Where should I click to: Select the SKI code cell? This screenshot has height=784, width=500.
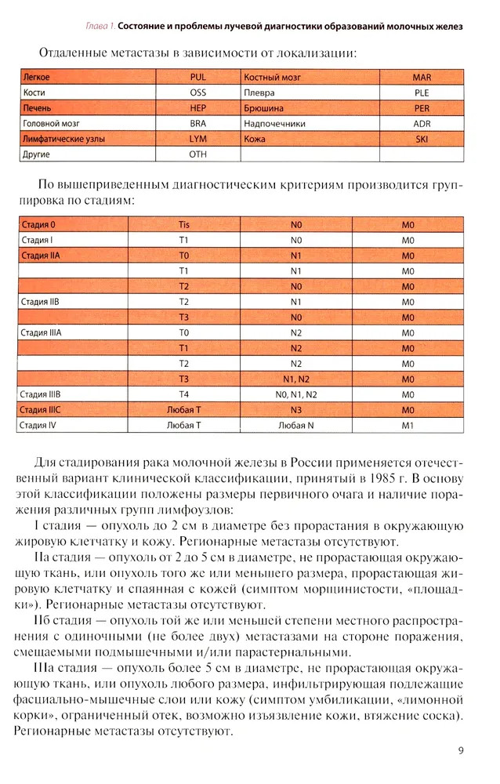(422, 139)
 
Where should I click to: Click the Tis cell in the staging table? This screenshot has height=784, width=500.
(184, 224)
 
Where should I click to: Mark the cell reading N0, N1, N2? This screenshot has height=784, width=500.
(295, 394)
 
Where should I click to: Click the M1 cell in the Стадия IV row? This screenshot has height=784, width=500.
(407, 425)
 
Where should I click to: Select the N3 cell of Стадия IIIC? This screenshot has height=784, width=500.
(295, 410)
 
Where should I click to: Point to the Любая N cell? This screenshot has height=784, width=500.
(295, 425)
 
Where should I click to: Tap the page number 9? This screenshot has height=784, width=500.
(462, 750)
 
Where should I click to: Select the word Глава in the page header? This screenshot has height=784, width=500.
(97, 26)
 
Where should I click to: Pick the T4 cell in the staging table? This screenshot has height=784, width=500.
(184, 394)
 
